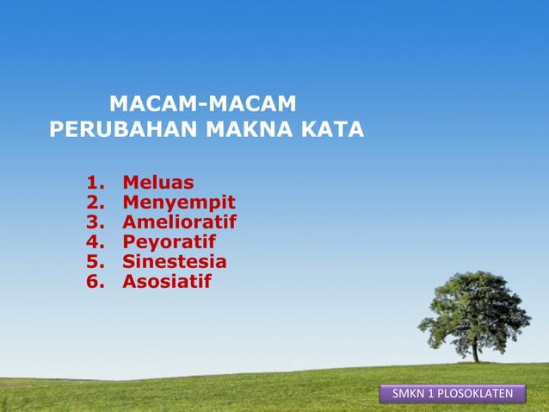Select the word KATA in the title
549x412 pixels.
[333, 130]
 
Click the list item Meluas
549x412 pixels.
[157, 183]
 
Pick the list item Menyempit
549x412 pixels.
[178, 203]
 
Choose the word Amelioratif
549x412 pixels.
[179, 222]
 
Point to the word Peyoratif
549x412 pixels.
[169, 242]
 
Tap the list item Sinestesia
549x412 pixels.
[174, 262]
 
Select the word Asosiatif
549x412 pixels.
[166, 282]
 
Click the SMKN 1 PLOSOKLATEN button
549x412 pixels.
[453, 395]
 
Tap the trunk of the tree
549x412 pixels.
[475, 351]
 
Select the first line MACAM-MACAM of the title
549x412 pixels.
[203, 106]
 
